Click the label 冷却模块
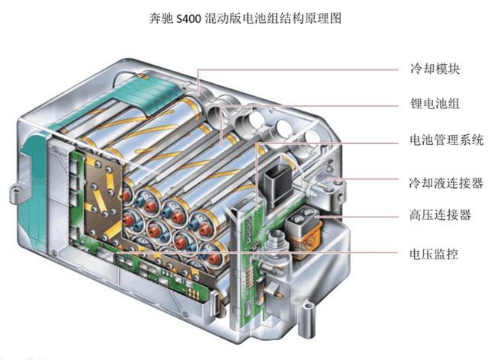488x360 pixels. click(435, 69)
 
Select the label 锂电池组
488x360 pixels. click(435, 104)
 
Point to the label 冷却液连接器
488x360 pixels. click(446, 183)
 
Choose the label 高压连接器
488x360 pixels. click(440, 215)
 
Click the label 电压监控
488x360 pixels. click(434, 254)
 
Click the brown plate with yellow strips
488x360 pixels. click(103, 199)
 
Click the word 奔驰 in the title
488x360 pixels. click(161, 18)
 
